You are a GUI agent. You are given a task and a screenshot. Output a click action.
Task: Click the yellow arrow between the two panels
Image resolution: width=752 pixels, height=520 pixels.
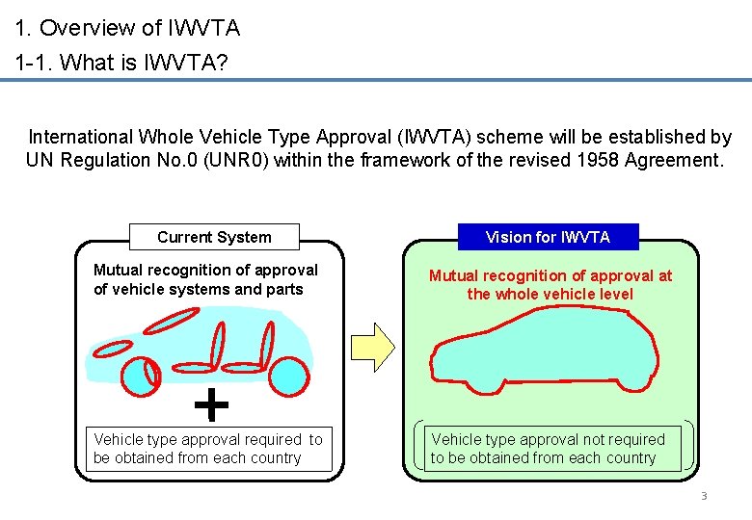click(373, 347)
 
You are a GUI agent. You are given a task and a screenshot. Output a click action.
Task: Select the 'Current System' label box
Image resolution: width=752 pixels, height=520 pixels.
click(214, 237)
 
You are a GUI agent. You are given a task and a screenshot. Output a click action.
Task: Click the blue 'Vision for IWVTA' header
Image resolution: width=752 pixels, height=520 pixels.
click(549, 237)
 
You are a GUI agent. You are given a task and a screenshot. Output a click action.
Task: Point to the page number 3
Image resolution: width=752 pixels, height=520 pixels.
click(704, 496)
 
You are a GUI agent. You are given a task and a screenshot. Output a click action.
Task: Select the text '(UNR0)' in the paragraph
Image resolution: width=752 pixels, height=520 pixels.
click(235, 160)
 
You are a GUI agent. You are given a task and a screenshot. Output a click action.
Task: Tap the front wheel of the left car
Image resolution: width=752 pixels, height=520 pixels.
click(141, 377)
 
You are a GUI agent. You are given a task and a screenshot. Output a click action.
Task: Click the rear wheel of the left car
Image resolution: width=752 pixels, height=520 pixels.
click(288, 377)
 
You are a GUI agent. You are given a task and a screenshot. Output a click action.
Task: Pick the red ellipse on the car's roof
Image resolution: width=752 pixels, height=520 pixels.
click(172, 321)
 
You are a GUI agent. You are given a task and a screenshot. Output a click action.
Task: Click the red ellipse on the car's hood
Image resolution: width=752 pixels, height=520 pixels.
click(113, 349)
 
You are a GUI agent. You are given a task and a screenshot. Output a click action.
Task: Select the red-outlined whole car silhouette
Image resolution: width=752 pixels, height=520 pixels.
click(545, 351)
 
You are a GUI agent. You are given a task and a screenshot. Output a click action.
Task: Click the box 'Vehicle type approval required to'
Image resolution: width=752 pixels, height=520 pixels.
click(208, 449)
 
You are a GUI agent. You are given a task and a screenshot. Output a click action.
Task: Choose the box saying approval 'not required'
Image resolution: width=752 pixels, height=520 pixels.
click(552, 449)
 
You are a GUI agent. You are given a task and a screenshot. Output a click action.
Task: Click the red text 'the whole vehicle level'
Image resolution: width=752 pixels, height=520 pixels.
click(551, 294)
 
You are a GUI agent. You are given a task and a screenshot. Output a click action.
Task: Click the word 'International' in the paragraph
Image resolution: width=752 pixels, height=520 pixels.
click(81, 137)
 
